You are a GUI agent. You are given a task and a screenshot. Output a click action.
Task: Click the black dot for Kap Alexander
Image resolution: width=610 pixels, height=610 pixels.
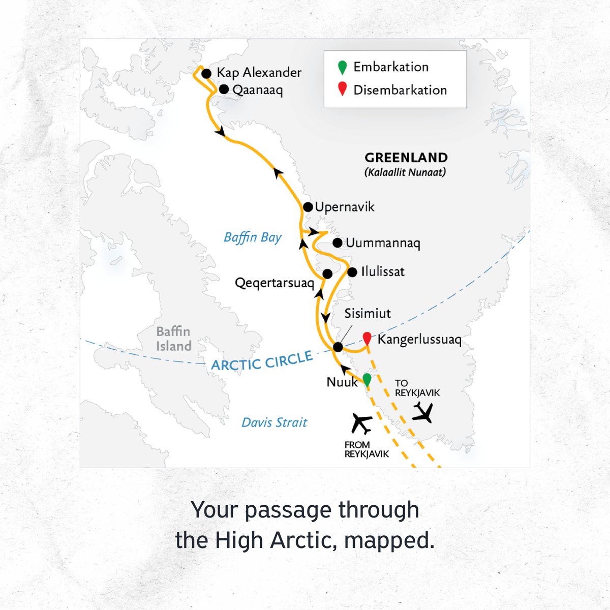click(206, 74)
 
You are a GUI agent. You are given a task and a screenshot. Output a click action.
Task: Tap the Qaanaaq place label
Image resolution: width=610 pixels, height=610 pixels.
click(257, 90)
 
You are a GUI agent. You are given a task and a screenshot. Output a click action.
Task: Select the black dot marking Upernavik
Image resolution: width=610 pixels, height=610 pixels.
click(308, 207)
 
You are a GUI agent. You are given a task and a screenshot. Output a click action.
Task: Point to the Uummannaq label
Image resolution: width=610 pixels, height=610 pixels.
click(383, 243)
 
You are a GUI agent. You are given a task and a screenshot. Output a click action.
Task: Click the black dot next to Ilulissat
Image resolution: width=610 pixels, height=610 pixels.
click(352, 272)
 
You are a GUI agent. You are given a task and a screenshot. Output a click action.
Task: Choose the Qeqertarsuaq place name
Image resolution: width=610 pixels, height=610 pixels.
click(274, 283)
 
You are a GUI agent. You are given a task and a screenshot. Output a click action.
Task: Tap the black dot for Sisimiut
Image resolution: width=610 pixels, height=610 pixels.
click(338, 347)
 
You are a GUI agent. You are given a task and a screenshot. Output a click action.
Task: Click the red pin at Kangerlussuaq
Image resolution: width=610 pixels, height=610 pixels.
click(367, 338)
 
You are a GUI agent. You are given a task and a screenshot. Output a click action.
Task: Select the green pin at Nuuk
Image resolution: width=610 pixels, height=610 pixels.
click(367, 380)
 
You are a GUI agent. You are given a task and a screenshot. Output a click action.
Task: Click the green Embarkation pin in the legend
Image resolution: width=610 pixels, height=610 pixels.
click(343, 67)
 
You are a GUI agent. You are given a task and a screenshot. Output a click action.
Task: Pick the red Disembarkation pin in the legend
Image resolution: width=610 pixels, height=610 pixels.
click(343, 89)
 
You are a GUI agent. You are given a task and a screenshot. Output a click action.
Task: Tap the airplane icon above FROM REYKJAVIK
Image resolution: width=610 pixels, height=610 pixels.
click(362, 423)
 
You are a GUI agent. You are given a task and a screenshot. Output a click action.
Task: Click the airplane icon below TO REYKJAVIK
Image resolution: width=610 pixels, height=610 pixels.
click(423, 412)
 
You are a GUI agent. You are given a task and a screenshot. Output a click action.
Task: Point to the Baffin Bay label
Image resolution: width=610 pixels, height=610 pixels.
click(253, 238)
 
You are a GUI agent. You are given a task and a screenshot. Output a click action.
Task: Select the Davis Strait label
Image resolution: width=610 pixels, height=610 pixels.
click(274, 422)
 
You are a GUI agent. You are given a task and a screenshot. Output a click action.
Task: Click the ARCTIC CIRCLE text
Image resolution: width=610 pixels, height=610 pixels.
click(262, 361)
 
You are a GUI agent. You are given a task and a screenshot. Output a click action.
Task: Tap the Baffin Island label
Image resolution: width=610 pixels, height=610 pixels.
click(174, 339)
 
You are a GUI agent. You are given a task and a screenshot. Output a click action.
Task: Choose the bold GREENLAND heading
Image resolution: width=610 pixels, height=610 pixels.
click(406, 158)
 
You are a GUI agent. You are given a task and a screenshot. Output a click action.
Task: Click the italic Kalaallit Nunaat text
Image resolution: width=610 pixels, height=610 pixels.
click(405, 172)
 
